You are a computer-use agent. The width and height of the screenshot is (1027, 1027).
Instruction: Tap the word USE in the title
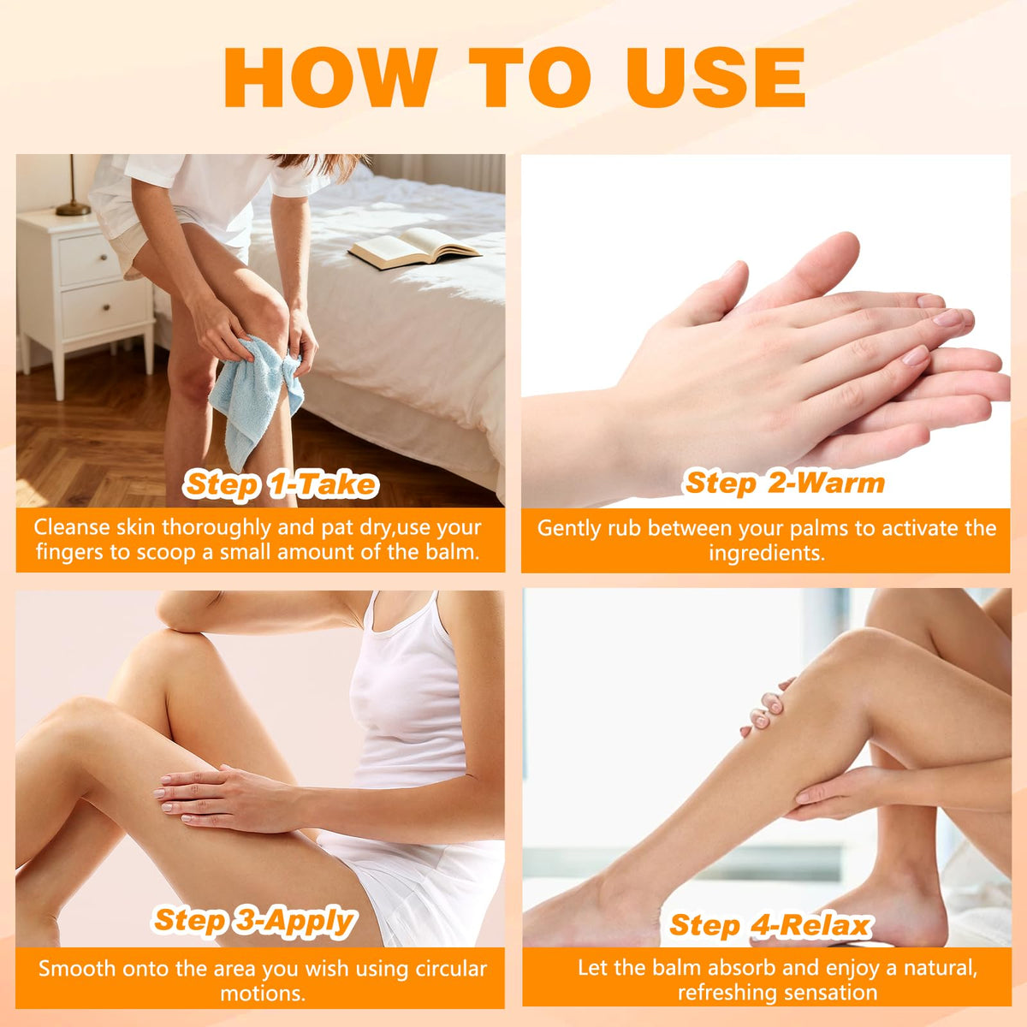(x=715, y=77)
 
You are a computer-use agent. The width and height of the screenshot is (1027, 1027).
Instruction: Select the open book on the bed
(x=414, y=247)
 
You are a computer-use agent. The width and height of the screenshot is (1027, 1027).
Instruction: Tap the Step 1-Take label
(x=281, y=484)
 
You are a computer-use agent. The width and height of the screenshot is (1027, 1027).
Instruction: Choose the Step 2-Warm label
(x=785, y=483)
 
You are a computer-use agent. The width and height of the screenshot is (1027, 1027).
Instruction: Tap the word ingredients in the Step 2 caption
(x=766, y=553)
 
